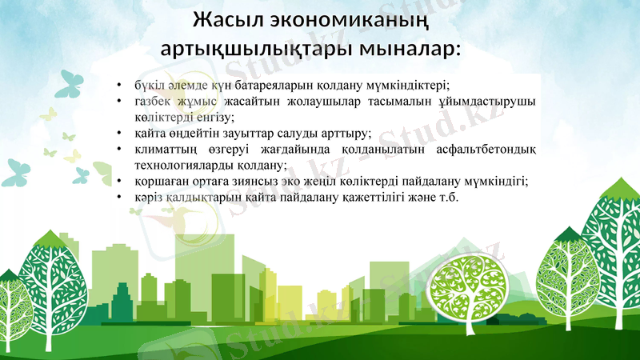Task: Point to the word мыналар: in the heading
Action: pos(407,48)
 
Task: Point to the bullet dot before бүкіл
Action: pos(118,84)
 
